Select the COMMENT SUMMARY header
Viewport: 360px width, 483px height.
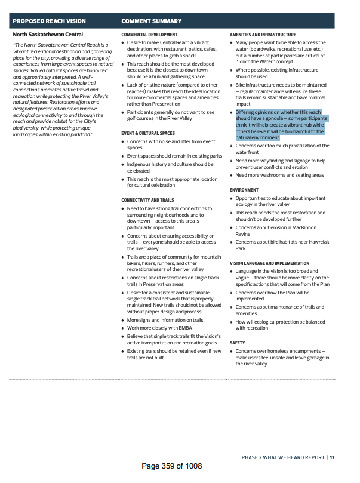(x=152, y=21)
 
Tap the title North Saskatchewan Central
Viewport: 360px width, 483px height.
(x=48, y=35)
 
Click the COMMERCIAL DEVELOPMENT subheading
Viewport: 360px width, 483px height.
(x=149, y=35)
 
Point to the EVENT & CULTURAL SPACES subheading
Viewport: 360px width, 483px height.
(x=148, y=133)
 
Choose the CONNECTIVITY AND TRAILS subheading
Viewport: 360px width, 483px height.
(x=147, y=200)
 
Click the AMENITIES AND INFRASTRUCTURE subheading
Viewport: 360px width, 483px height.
(x=263, y=35)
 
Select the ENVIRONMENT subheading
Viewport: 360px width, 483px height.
(x=244, y=190)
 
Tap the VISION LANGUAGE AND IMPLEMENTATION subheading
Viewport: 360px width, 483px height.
(x=269, y=263)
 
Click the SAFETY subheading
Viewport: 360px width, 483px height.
(x=238, y=343)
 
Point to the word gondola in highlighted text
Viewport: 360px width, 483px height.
(x=274, y=119)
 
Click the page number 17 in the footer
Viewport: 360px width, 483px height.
(x=332, y=457)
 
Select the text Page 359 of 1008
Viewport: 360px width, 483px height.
(x=172, y=466)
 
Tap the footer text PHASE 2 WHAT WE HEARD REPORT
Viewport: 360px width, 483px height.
(x=283, y=457)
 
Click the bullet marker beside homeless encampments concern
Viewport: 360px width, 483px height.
(x=232, y=351)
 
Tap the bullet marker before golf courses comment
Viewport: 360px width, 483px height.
(x=123, y=112)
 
